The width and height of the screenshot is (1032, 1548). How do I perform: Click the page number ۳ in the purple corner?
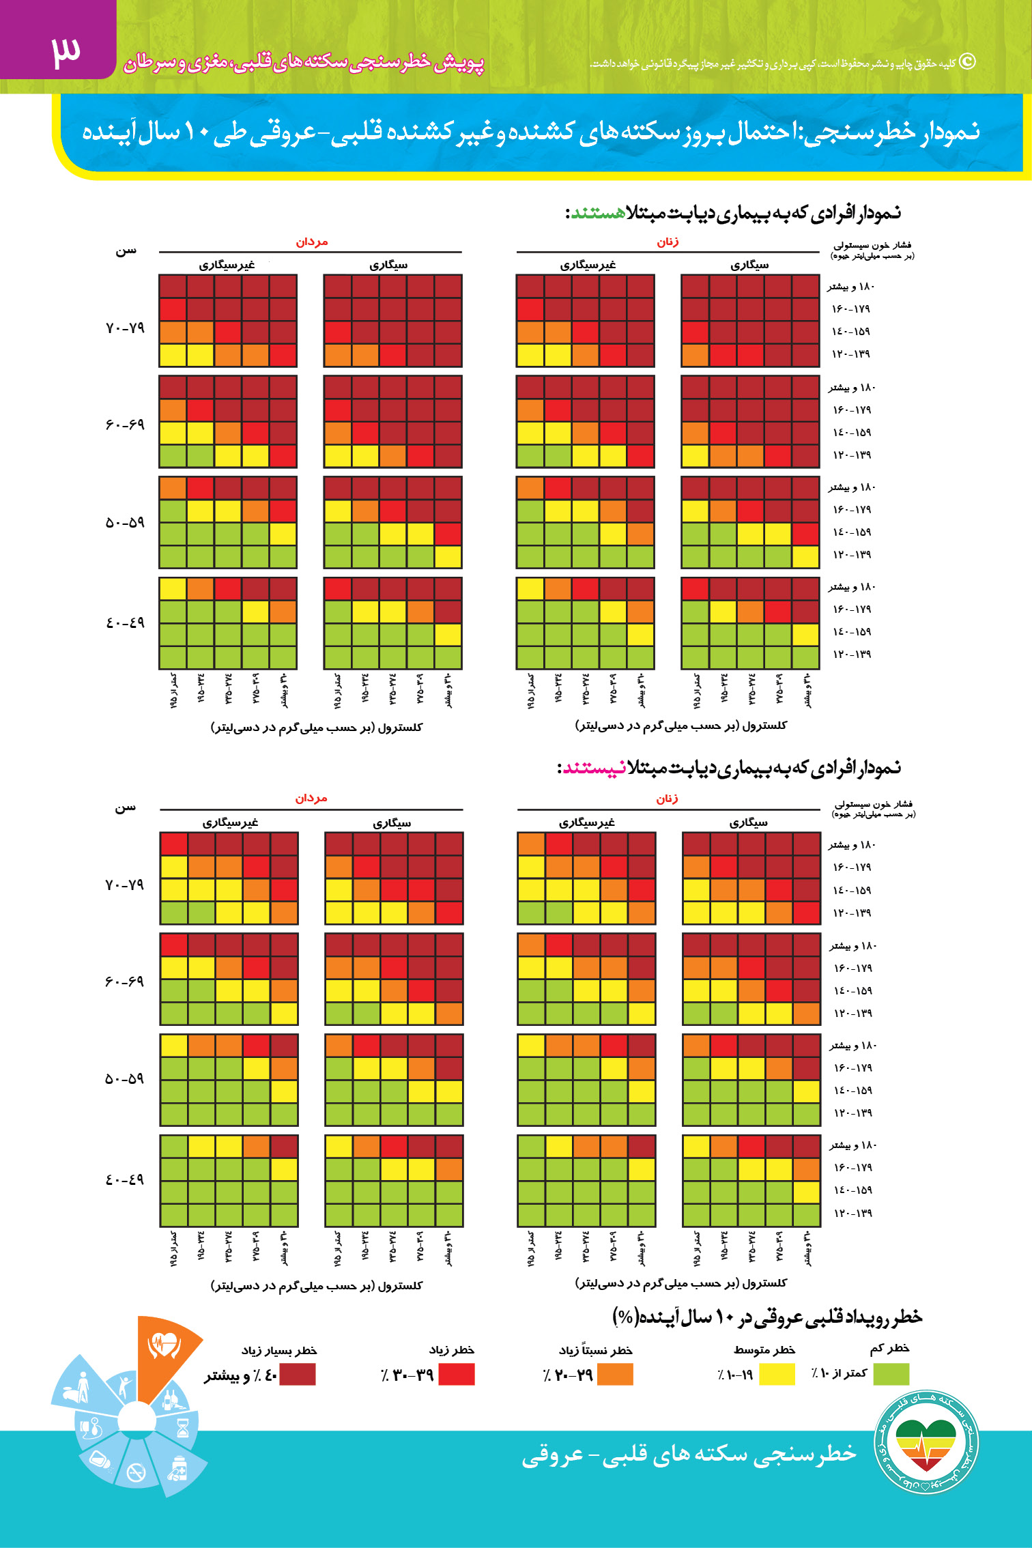coord(66,51)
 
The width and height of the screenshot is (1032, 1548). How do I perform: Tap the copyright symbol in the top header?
coord(967,62)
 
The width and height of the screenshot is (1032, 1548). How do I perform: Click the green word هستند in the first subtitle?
coord(597,213)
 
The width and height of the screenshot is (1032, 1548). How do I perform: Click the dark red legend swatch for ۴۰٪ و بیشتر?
coord(298,1374)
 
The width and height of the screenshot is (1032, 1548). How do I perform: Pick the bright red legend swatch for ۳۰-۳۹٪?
coord(456,1374)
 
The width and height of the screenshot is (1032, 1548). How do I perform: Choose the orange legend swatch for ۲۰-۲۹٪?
coord(615,1374)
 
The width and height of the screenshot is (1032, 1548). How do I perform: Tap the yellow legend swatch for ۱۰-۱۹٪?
coord(777,1374)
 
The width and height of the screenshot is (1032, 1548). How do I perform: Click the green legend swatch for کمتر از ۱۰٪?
coord(891,1373)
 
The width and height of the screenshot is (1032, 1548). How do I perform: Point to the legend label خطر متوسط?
coord(764,1350)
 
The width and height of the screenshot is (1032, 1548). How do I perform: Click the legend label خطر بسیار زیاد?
coord(279,1351)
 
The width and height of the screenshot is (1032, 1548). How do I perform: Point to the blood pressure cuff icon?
coord(91,1427)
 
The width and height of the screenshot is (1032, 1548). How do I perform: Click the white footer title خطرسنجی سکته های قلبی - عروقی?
coord(689,1454)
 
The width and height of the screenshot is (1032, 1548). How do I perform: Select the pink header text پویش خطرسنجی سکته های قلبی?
coord(304,63)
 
